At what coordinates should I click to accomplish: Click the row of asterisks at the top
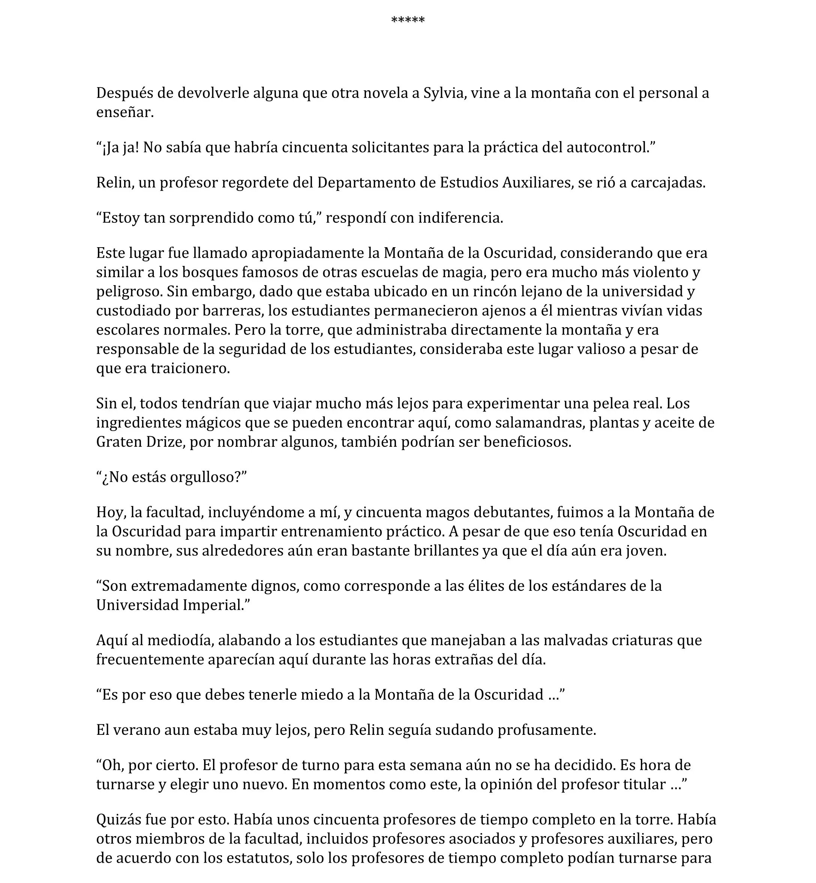(408, 20)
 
